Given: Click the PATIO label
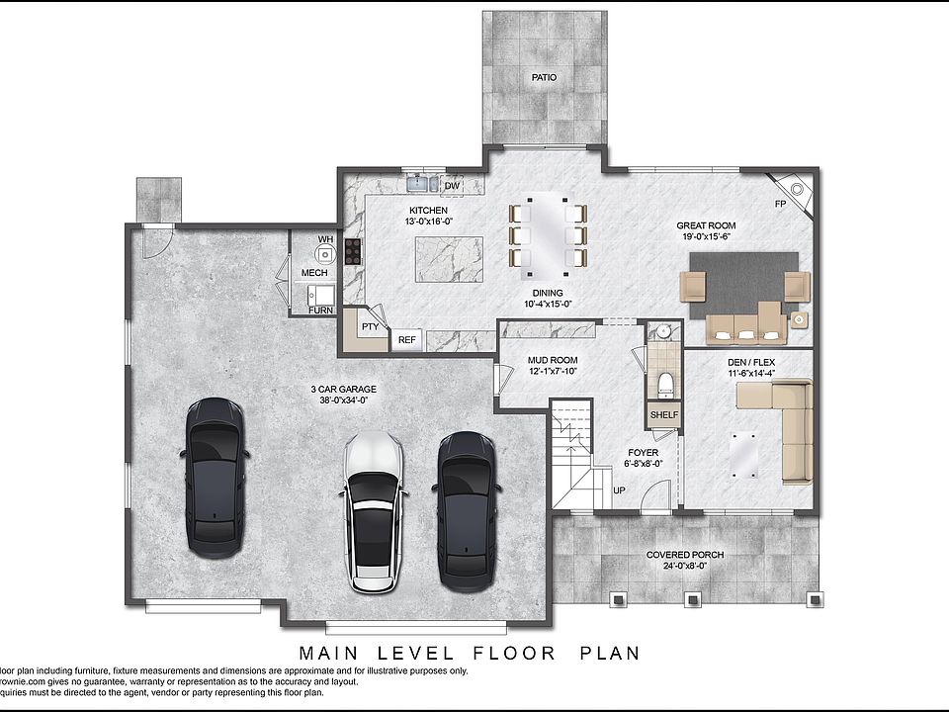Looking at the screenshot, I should coord(543,77).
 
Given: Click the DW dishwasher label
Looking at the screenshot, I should coord(452,185).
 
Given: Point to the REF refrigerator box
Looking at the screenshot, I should coord(406,340).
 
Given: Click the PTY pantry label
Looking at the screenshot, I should coord(370,327).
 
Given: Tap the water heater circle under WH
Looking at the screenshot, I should coord(325,254).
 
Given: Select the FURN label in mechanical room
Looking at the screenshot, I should coord(320,311).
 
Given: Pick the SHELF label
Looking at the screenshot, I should coord(664,414).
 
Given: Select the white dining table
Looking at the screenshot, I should coord(547,234).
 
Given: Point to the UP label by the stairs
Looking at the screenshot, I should coord(620,490).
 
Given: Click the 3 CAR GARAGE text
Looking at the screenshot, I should coord(343,389).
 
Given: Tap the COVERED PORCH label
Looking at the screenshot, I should coord(684,555).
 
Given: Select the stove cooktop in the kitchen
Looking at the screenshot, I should coord(353,254).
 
